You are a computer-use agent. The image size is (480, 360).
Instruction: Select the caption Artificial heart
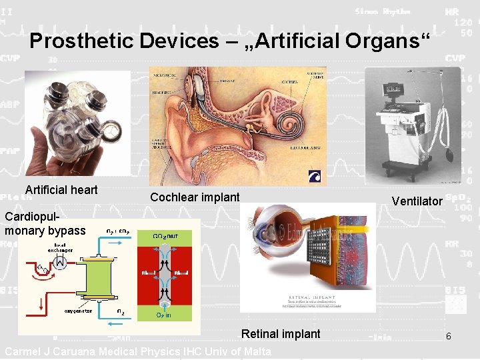click(x=61, y=190)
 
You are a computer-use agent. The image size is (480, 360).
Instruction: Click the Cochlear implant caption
click(x=195, y=197)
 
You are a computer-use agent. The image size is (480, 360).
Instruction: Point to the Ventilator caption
click(x=417, y=201)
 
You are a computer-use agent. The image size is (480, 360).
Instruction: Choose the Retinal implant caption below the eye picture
click(x=281, y=334)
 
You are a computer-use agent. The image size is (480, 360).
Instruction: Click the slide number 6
click(x=449, y=336)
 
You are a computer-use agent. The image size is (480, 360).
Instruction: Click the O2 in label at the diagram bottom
click(x=163, y=315)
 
